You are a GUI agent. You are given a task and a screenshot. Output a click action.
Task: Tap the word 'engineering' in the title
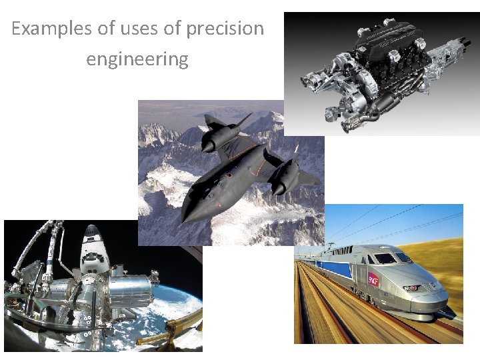137,59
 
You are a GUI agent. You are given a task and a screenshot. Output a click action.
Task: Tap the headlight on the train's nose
412,288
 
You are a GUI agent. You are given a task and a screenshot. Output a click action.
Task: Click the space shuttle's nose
90,229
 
